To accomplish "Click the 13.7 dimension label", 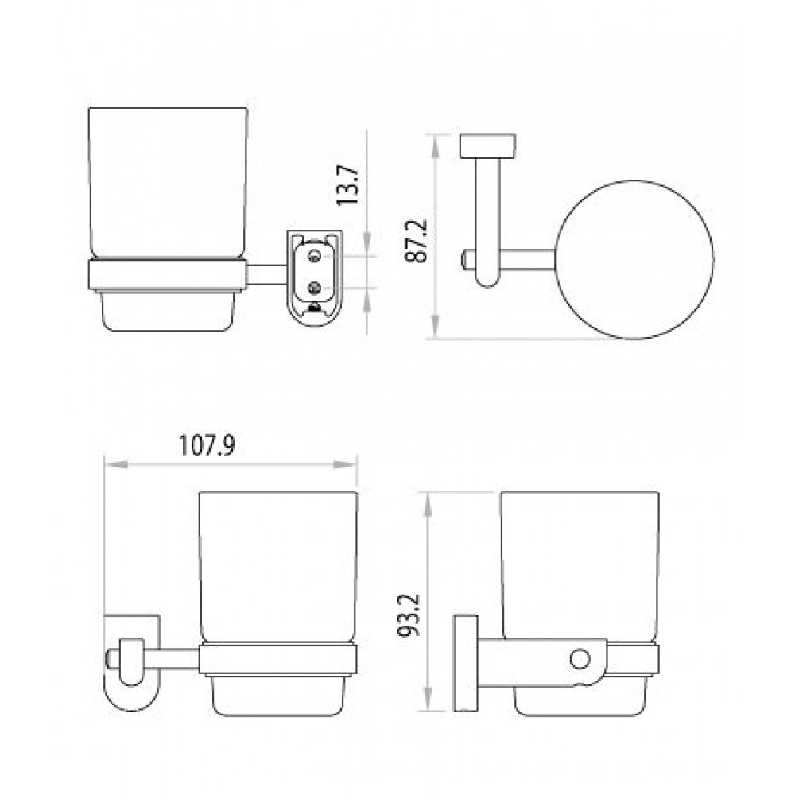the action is click(x=348, y=185).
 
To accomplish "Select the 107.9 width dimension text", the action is click(x=207, y=446).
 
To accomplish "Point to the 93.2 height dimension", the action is click(x=408, y=615).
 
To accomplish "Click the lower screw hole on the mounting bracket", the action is click(x=314, y=288).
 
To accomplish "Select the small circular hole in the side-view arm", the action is click(x=580, y=660).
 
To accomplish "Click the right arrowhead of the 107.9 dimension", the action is click(x=345, y=464).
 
